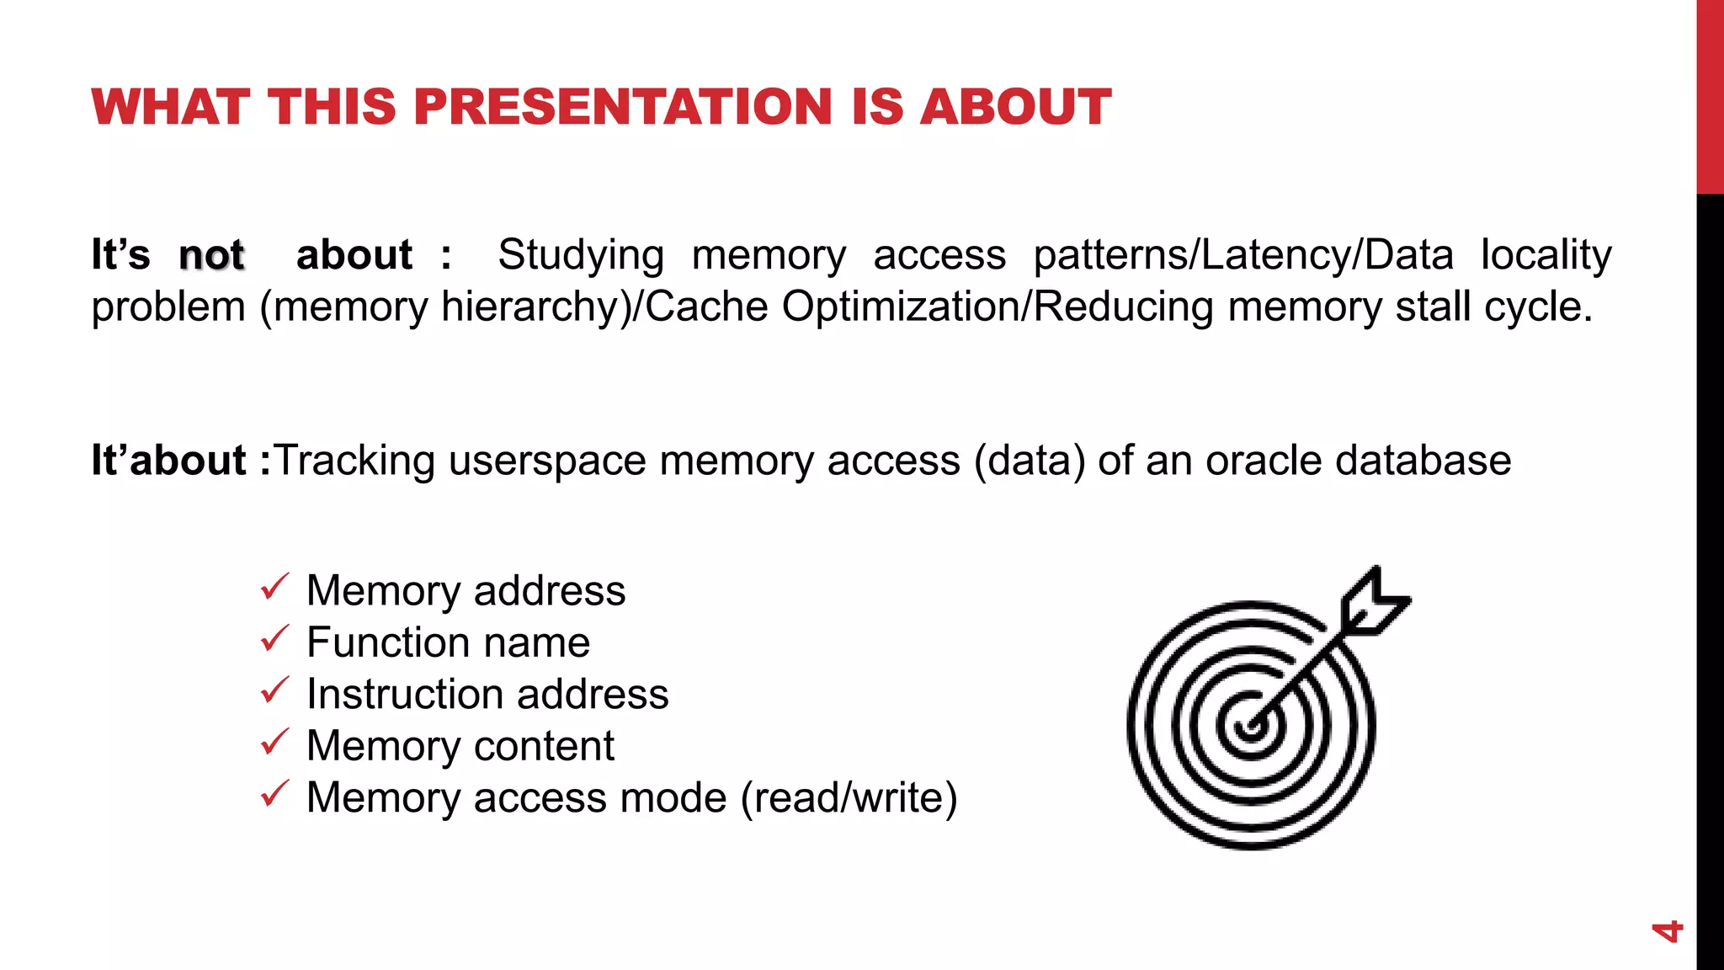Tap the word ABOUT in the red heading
(x=1015, y=107)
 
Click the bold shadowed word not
(x=211, y=255)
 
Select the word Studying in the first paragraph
(x=580, y=255)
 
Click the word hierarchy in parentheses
(x=535, y=306)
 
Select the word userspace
(x=546, y=461)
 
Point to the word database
(x=1423, y=461)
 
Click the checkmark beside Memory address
(x=274, y=587)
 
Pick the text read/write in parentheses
(x=849, y=797)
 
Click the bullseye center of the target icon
(x=1250, y=726)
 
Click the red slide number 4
(x=1666, y=931)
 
